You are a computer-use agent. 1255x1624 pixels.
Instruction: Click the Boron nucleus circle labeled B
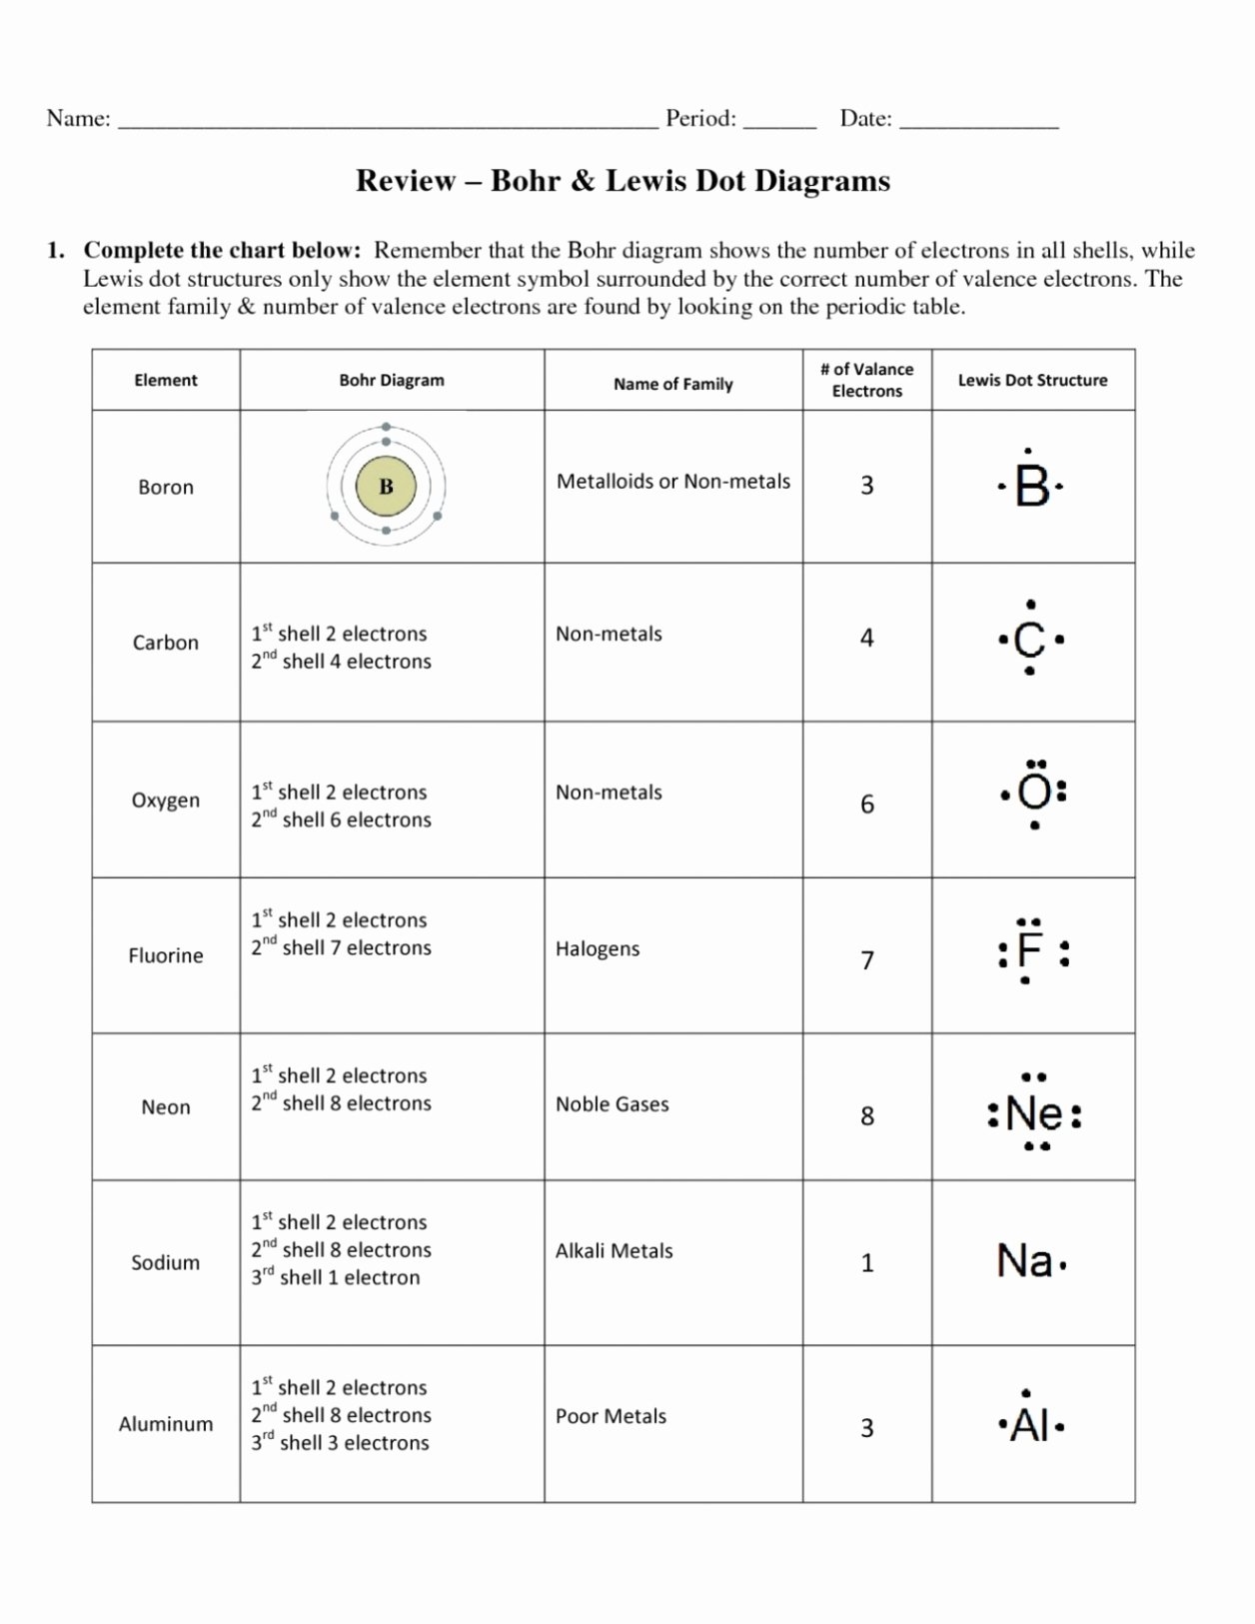click(386, 488)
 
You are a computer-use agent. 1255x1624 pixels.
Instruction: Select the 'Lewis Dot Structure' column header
click(1032, 380)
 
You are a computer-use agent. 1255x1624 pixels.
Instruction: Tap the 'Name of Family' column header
click(672, 384)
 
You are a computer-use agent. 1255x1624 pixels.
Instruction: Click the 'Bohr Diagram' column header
click(392, 380)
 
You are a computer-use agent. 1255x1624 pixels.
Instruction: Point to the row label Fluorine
click(166, 955)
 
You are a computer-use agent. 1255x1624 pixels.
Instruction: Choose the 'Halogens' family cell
click(598, 948)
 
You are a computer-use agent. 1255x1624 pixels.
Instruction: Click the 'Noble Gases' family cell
click(612, 1104)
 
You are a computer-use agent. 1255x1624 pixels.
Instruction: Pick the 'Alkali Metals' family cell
click(614, 1250)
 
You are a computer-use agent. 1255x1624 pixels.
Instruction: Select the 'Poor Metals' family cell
click(611, 1416)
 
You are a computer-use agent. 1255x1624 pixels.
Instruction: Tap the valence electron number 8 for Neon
click(867, 1115)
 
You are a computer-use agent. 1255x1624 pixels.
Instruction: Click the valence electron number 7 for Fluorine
click(867, 959)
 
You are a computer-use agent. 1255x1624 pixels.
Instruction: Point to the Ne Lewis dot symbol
click(1034, 1112)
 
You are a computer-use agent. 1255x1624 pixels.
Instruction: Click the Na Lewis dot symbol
click(1026, 1261)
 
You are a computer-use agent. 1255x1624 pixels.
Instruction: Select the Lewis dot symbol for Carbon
click(1030, 640)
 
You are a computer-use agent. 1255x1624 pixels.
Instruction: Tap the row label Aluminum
click(166, 1424)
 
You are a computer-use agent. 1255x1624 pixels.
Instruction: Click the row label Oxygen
click(166, 800)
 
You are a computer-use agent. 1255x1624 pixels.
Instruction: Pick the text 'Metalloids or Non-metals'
click(672, 481)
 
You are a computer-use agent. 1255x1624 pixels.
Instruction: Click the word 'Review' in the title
click(406, 181)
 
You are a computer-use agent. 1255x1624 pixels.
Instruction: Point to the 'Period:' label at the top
click(701, 118)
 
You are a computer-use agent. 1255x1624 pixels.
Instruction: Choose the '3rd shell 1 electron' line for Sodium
click(336, 1277)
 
